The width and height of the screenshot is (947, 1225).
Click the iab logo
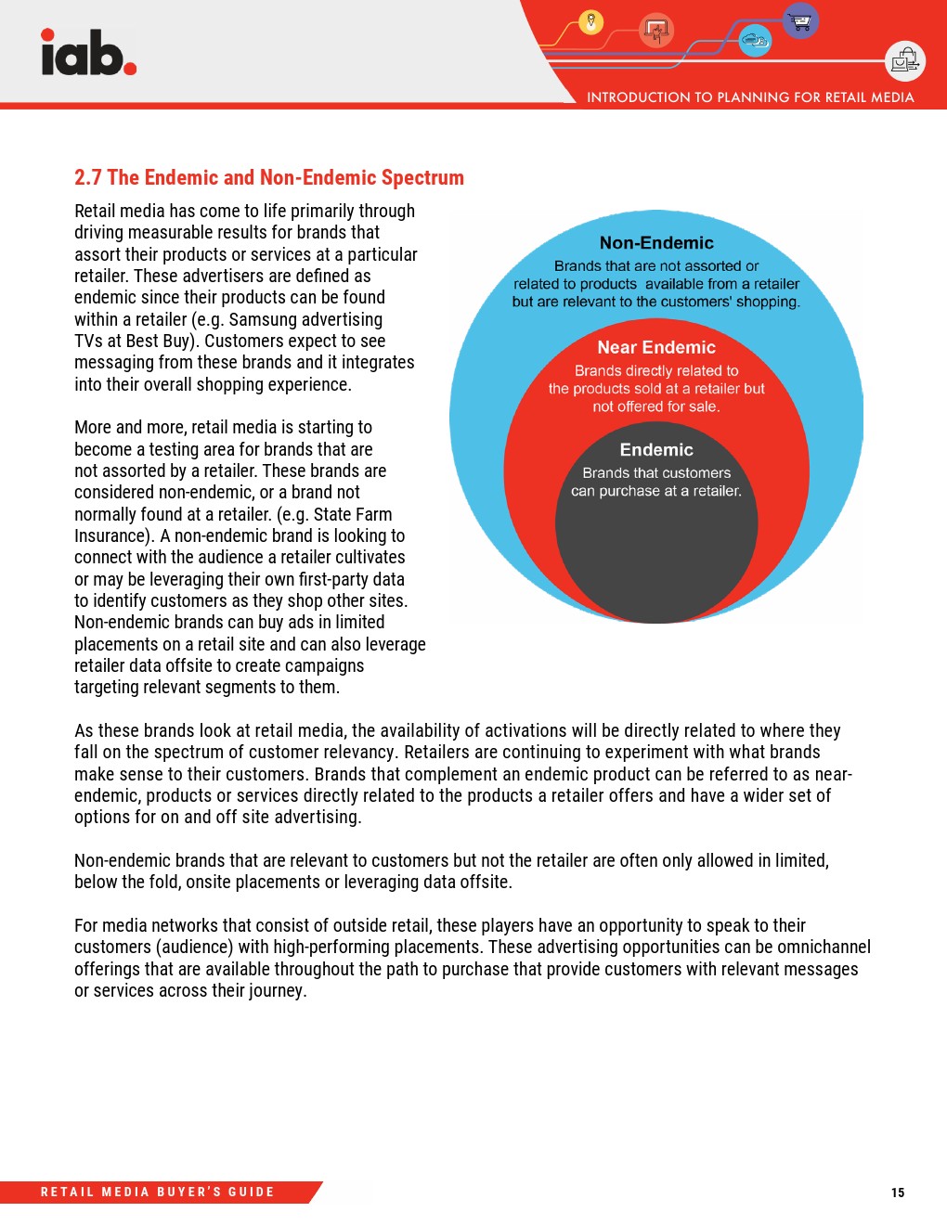pos(88,53)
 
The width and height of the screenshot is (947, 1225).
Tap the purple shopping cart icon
pos(800,20)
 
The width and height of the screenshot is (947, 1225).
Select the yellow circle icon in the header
pos(590,21)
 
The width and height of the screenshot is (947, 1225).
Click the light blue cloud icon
pos(755,40)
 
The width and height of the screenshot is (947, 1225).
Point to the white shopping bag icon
pos(904,61)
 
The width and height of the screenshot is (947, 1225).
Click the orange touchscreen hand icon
pos(657,32)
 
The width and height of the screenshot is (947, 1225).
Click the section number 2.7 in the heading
pos(88,177)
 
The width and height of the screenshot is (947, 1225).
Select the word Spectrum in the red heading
pos(422,177)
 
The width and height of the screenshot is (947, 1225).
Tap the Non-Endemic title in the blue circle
pos(656,243)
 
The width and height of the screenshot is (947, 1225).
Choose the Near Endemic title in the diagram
pos(656,347)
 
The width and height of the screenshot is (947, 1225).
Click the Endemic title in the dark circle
pos(656,450)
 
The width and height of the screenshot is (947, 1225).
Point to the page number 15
pos(898,1193)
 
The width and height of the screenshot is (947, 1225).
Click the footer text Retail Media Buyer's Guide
pos(158,1193)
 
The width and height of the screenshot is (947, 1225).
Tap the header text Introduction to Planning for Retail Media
pos(750,97)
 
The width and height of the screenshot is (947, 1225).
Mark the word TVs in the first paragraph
pos(88,341)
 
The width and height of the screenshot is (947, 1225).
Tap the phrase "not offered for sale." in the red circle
pos(656,406)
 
